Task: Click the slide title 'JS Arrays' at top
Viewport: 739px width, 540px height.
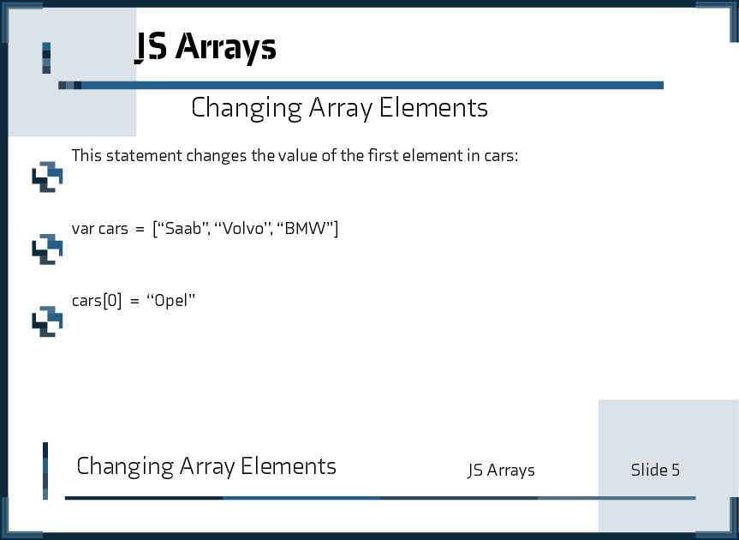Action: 206,47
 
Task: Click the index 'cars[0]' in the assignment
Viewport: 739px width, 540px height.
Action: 97,300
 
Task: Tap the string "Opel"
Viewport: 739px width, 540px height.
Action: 171,300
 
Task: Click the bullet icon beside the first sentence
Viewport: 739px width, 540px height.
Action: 47,177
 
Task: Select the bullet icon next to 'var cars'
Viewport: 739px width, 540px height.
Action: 47,249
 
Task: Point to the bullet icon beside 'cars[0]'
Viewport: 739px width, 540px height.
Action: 47,321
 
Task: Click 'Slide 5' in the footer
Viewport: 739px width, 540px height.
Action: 655,470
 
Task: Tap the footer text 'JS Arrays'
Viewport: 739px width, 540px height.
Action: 501,471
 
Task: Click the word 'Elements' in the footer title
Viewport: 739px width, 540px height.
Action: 289,466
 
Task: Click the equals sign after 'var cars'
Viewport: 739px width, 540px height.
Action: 139,229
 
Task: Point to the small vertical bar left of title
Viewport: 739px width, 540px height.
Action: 46,58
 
